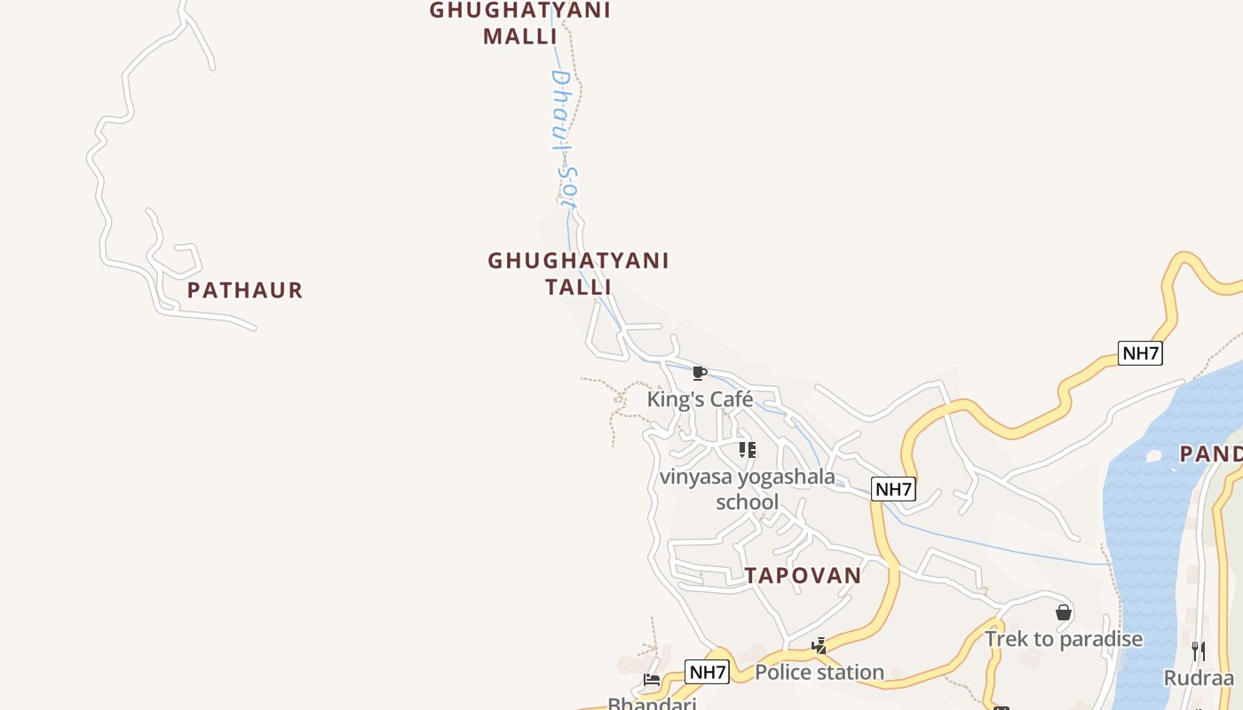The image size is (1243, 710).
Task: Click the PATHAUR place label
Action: (245, 290)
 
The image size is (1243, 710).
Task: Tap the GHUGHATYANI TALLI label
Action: (578, 273)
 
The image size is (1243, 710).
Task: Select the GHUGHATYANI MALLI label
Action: (520, 23)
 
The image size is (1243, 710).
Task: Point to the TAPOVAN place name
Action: (803, 575)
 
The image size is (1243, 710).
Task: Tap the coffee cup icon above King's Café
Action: (699, 373)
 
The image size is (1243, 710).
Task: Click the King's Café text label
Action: (700, 399)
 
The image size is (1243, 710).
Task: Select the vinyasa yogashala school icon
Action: (748, 450)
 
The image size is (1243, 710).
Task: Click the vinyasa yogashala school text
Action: (747, 489)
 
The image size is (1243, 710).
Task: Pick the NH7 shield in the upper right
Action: (1140, 353)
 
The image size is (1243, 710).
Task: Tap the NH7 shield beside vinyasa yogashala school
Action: (893, 489)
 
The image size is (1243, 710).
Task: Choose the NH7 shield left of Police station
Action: (708, 672)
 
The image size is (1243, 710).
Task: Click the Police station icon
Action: (819, 646)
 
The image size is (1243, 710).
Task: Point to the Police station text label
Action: (819, 673)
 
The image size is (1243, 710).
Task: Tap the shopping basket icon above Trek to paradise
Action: (1064, 612)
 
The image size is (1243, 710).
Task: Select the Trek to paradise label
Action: (1064, 639)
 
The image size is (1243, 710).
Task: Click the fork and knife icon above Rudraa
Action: (1199, 651)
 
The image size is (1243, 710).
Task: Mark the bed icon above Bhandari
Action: (652, 681)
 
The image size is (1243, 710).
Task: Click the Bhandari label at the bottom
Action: (652, 704)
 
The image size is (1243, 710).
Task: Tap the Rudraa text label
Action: (1199, 678)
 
